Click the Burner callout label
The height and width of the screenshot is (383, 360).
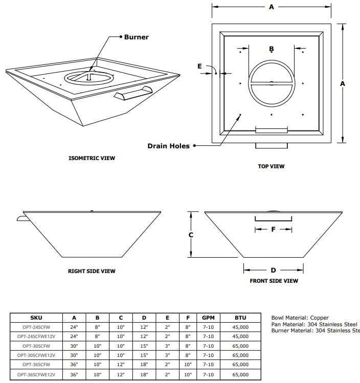pyautogui.click(x=137, y=37)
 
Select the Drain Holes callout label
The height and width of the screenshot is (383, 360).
pyautogui.click(x=168, y=146)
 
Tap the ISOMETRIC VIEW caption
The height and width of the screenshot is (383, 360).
pyautogui.click(x=92, y=158)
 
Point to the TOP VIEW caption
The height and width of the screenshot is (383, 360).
pyautogui.click(x=271, y=166)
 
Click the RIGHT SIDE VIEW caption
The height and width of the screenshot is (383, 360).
pyautogui.click(x=92, y=271)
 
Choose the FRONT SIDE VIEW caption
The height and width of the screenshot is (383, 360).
pyautogui.click(x=274, y=281)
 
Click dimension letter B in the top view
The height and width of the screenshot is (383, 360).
pyautogui.click(x=272, y=49)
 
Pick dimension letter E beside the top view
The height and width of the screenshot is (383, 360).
pyautogui.click(x=199, y=66)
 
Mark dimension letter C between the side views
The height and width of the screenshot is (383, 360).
pyautogui.click(x=190, y=235)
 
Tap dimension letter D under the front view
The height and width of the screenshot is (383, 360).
pyautogui.click(x=273, y=270)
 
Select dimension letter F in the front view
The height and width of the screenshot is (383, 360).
pyautogui.click(x=273, y=230)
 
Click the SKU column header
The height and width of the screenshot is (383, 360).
pyautogui.click(x=36, y=318)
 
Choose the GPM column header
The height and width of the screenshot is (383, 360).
pyautogui.click(x=208, y=318)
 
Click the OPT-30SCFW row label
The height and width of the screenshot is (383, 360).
pyautogui.click(x=36, y=346)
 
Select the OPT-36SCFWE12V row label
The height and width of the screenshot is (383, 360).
pyautogui.click(x=36, y=375)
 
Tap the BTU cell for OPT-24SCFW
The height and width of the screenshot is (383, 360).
pyautogui.click(x=240, y=327)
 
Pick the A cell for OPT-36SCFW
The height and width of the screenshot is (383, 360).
pyautogui.click(x=74, y=365)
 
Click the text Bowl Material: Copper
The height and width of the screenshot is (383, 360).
pyautogui.click(x=300, y=318)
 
